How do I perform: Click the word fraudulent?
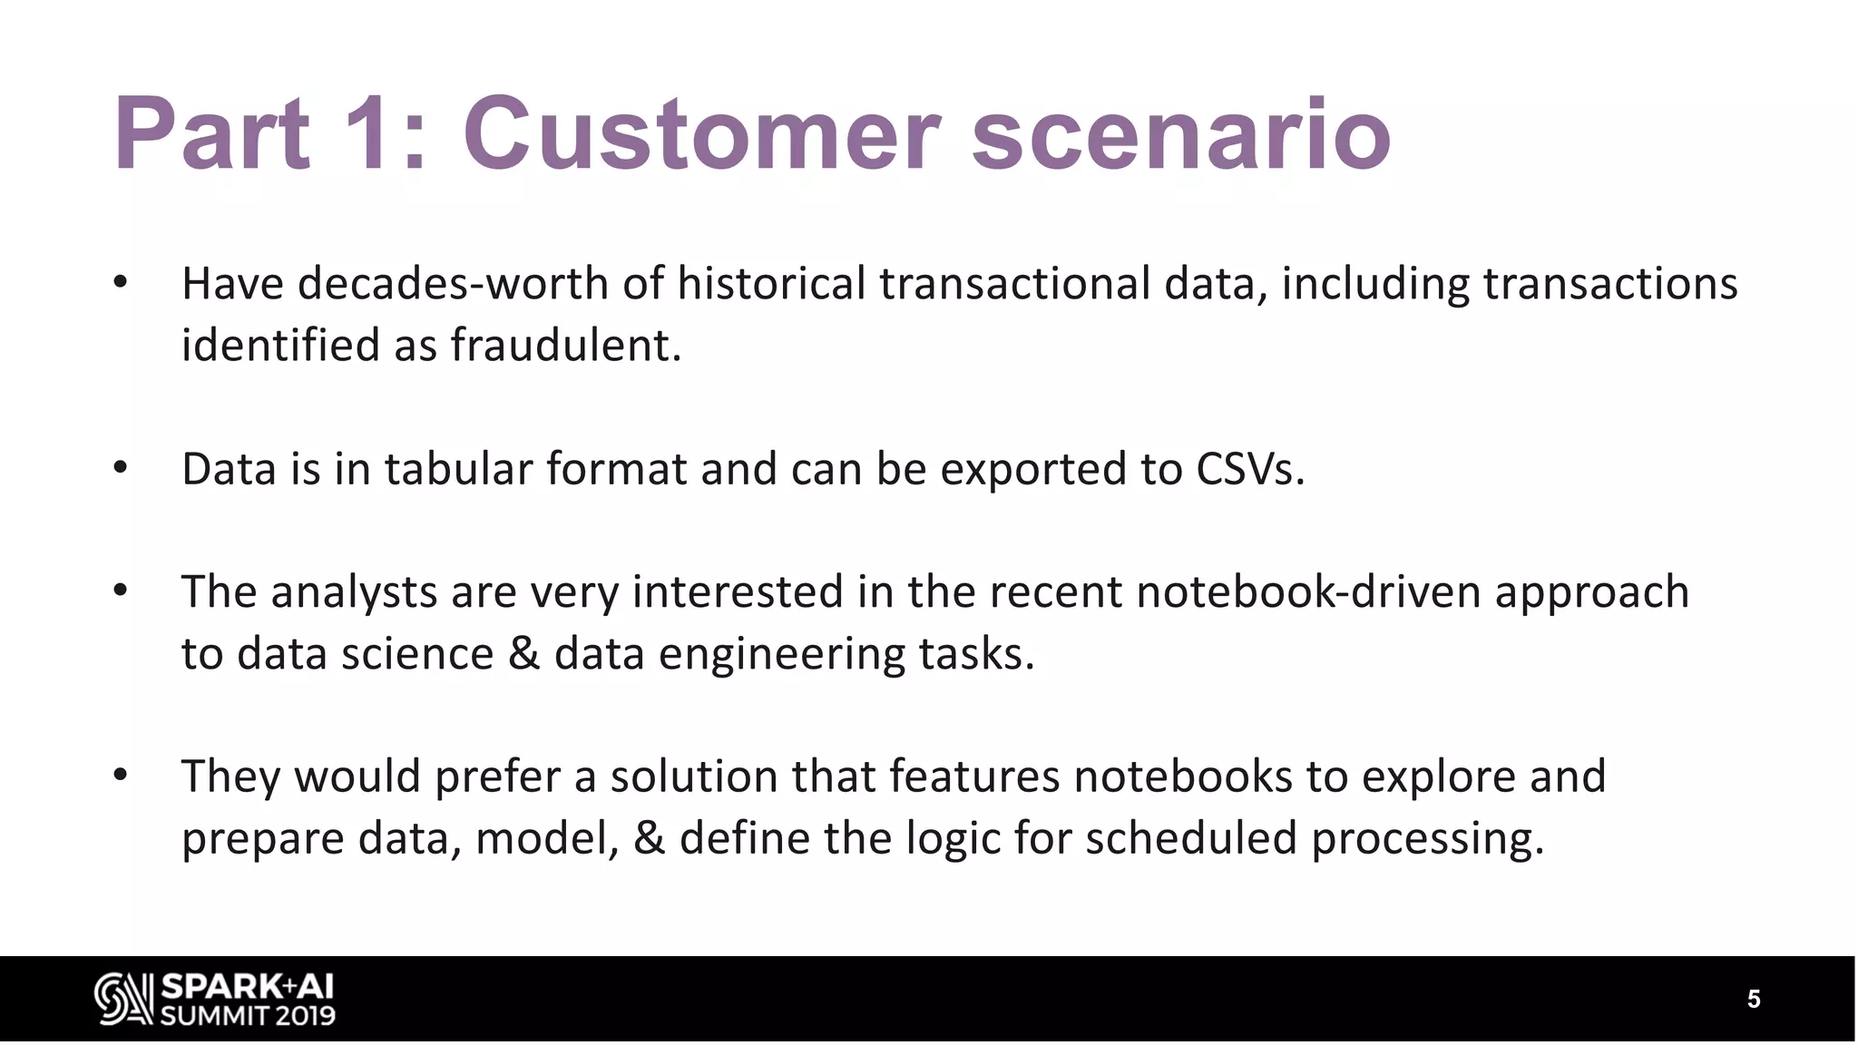[x=565, y=346]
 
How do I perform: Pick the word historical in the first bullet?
[x=771, y=284]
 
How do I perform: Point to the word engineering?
[x=781, y=654]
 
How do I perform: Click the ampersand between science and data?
[x=523, y=654]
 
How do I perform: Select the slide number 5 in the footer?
[x=1754, y=1000]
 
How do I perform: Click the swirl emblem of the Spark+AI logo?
[x=123, y=1000]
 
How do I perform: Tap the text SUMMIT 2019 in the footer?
[x=248, y=1015]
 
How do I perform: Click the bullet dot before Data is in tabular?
[x=121, y=469]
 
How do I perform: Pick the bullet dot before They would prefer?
[x=121, y=776]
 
